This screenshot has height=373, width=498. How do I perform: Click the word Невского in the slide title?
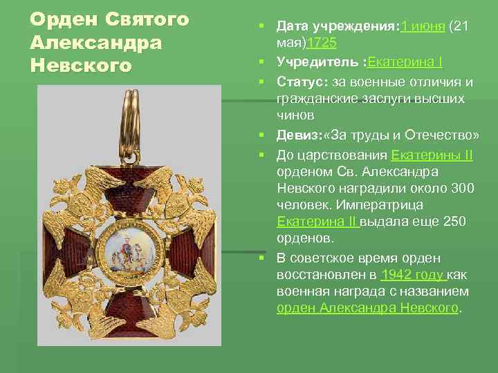coord(81,66)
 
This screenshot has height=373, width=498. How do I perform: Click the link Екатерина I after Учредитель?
coord(405,63)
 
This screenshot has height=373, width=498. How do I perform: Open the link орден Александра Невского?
coord(367,308)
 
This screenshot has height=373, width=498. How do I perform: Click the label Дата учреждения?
coord(334,26)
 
